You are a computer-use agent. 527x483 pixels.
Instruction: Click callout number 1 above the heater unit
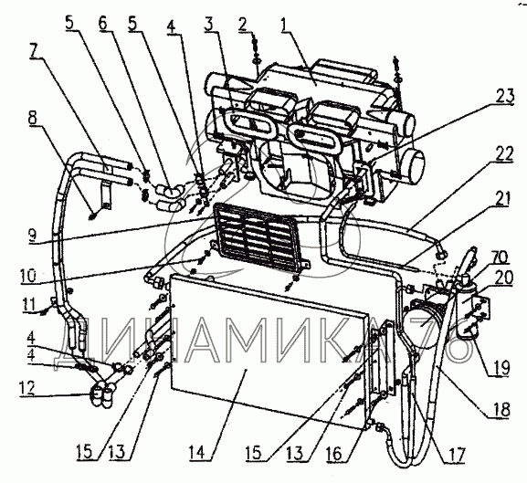tap(286, 25)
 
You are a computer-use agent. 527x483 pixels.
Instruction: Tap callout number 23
tap(504, 97)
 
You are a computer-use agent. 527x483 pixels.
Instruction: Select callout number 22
tap(504, 155)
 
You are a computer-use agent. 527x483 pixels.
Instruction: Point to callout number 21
tap(501, 199)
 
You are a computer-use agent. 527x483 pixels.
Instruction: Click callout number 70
tap(501, 258)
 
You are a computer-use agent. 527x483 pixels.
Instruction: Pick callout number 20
tap(504, 278)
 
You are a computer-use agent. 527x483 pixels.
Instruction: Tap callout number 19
tap(501, 367)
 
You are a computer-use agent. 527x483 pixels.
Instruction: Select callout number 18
tap(501, 409)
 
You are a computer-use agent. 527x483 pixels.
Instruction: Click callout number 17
tap(456, 455)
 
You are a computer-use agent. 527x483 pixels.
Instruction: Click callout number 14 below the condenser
tap(196, 453)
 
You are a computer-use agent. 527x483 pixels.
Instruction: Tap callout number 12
tap(26, 389)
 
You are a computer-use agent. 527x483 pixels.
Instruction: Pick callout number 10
tap(28, 276)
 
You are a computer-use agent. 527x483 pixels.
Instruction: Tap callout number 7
tap(34, 51)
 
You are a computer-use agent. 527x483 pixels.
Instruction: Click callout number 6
tap(102, 23)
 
